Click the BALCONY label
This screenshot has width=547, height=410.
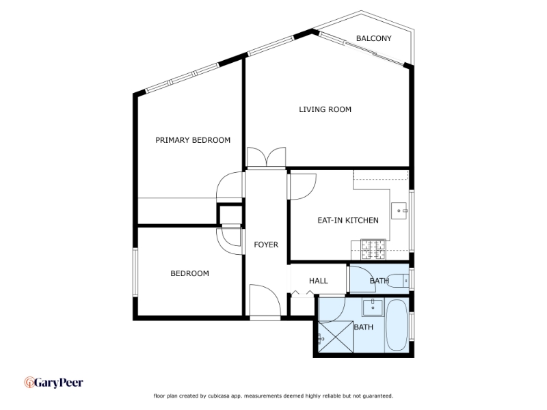pos(373,38)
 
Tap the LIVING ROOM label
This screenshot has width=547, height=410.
pos(325,109)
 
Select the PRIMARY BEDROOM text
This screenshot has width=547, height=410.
pos(193,140)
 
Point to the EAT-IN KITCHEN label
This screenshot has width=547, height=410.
pos(348,220)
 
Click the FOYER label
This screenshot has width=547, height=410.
pos(266,245)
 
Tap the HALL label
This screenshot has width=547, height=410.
pos(319,281)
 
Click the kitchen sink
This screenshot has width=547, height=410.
pos(399,210)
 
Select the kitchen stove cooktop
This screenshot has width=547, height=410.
pos(373,249)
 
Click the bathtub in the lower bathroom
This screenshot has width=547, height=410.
pos(397,325)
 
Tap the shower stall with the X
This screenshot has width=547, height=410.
pos(336,337)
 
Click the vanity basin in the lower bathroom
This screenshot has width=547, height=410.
pos(373,307)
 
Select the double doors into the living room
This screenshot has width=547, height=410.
pos(266,158)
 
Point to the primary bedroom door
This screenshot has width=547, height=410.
pos(230,187)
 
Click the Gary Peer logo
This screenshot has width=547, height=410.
pos(53,383)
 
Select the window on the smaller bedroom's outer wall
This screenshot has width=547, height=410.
pos(135,272)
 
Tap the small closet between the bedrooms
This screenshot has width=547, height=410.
pos(230,215)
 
